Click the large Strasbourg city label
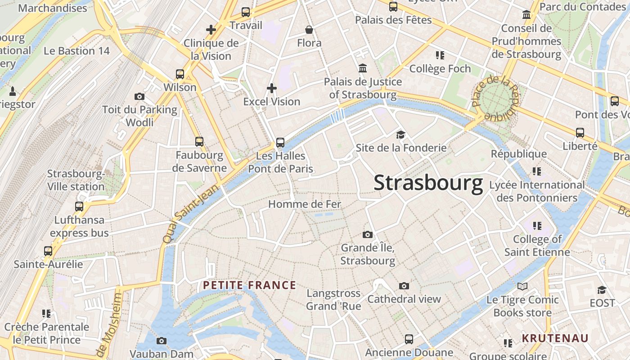click(428, 183)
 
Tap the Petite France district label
click(249, 285)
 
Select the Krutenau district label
click(555, 338)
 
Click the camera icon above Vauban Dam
click(162, 341)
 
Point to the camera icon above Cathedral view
click(404, 286)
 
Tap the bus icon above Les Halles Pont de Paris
click(280, 143)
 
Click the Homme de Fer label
click(305, 204)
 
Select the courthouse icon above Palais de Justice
click(363, 68)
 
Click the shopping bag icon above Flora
click(309, 30)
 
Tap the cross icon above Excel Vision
click(272, 88)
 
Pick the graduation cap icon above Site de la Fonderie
click(400, 135)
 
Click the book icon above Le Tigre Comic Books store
click(522, 286)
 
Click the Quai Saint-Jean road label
click(189, 214)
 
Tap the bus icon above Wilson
click(180, 74)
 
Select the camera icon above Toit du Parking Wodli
click(139, 96)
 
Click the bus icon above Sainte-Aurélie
click(48, 251)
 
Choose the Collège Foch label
click(440, 69)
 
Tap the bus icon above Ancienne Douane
click(409, 339)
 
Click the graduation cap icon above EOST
click(602, 290)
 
